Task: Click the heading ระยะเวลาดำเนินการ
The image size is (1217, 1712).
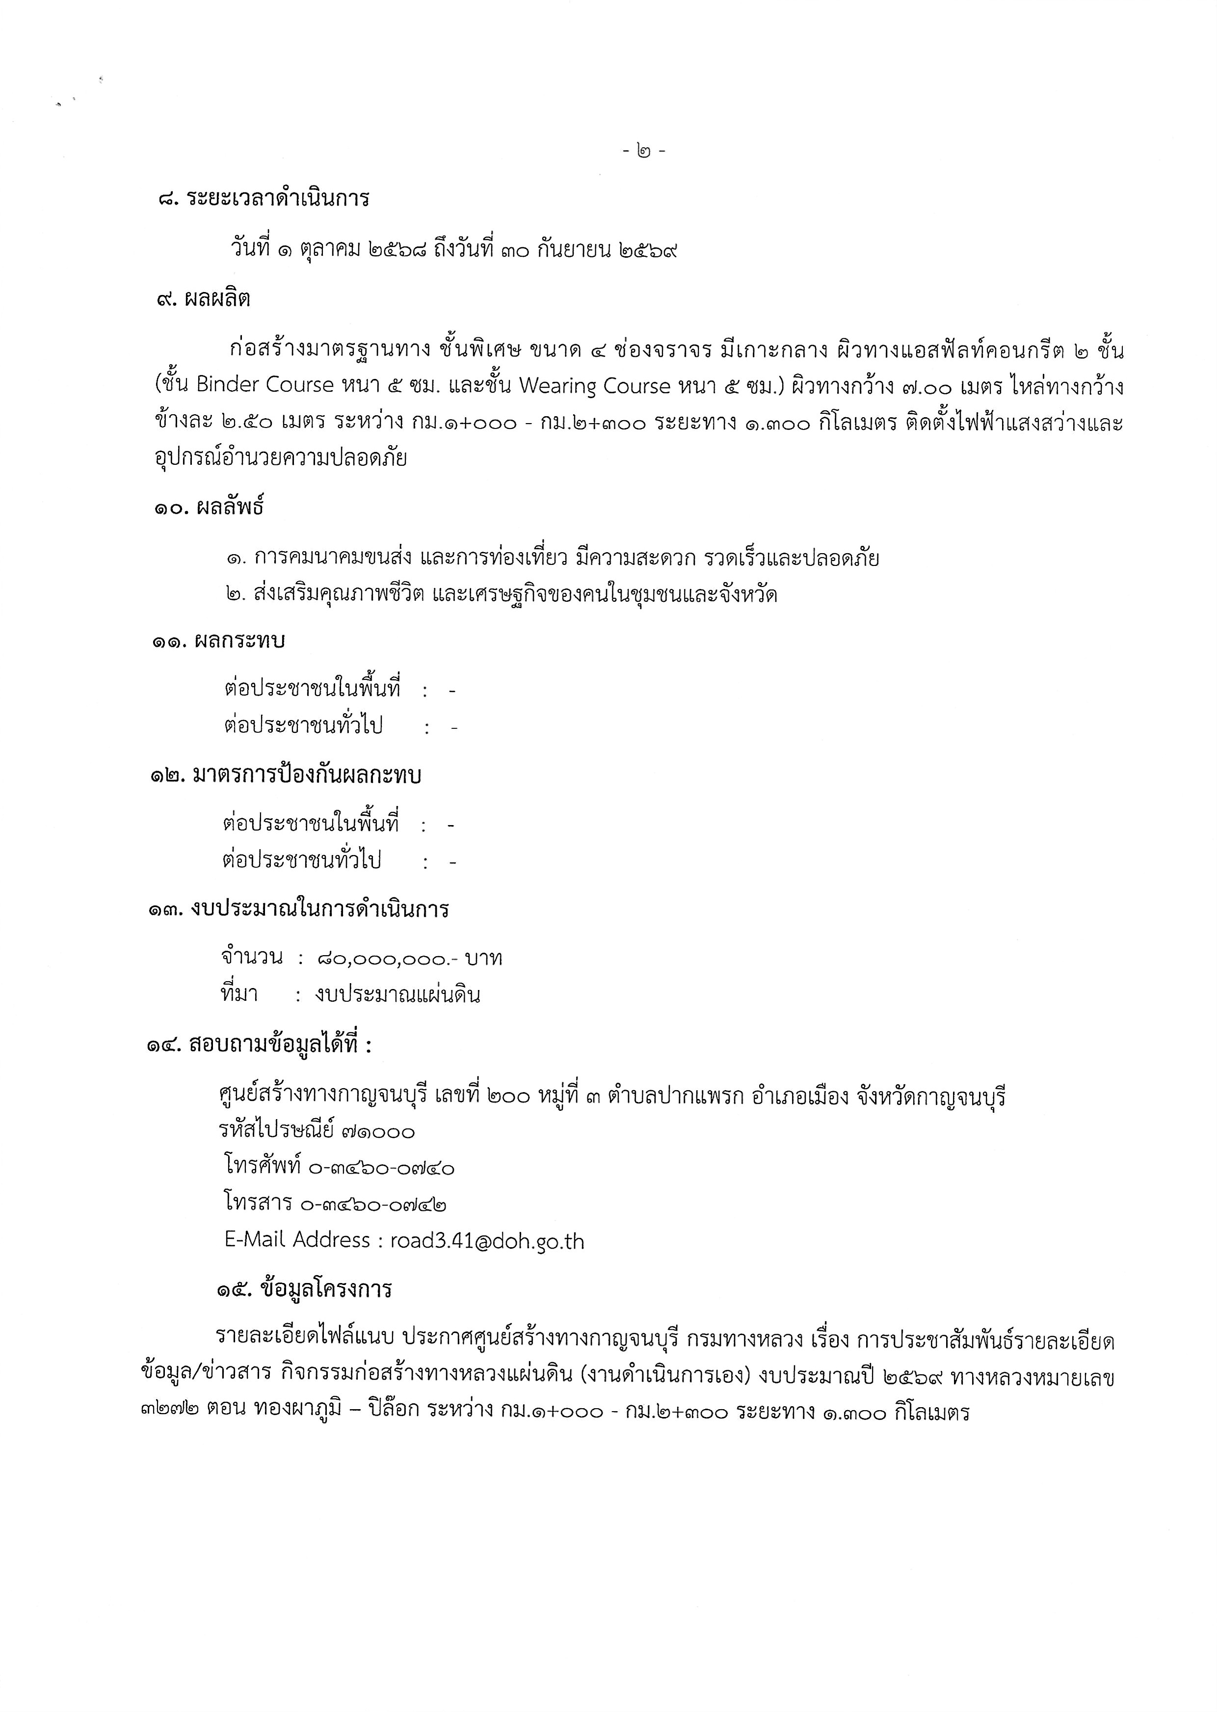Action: point(279,199)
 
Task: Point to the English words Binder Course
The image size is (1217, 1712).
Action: point(265,385)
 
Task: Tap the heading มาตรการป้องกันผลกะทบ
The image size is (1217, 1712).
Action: point(307,775)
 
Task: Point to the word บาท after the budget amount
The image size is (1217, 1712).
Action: point(484,959)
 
